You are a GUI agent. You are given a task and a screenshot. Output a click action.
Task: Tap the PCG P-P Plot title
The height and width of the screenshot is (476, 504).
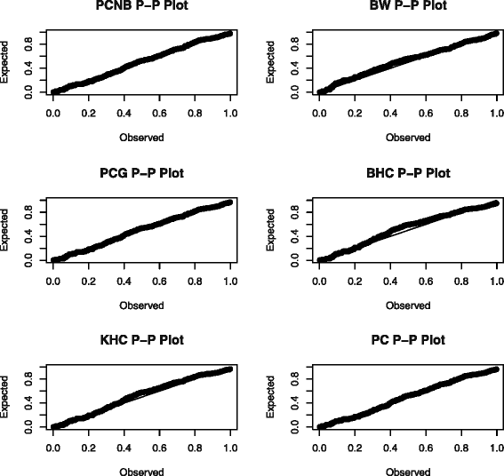click(141, 173)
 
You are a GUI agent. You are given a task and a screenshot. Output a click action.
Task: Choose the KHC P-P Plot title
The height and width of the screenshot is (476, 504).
click(141, 340)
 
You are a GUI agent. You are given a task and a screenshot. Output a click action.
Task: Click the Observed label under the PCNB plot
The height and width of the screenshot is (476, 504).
click(141, 138)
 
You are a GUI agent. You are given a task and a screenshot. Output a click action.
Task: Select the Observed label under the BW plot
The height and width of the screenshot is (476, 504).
click(408, 138)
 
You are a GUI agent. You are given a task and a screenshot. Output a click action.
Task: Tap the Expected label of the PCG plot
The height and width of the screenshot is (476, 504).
click(7, 232)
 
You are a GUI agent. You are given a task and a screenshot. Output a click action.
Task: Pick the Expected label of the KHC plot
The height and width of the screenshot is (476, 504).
click(7, 399)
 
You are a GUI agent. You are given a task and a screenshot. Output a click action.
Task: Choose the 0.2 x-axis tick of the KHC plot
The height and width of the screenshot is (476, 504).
click(88, 447)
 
